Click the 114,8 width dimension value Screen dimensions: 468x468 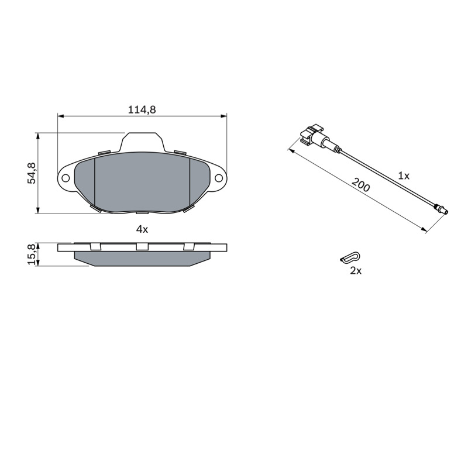coord(142,110)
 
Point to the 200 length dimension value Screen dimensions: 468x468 coord(361,185)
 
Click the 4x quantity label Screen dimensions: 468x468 coord(142,229)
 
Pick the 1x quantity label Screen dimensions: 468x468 coord(404,176)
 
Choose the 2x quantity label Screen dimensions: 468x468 coord(356,271)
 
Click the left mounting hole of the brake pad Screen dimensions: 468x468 coord(66,178)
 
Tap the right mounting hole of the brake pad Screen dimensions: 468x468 coord(219,178)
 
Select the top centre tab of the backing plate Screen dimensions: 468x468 coord(142,142)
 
